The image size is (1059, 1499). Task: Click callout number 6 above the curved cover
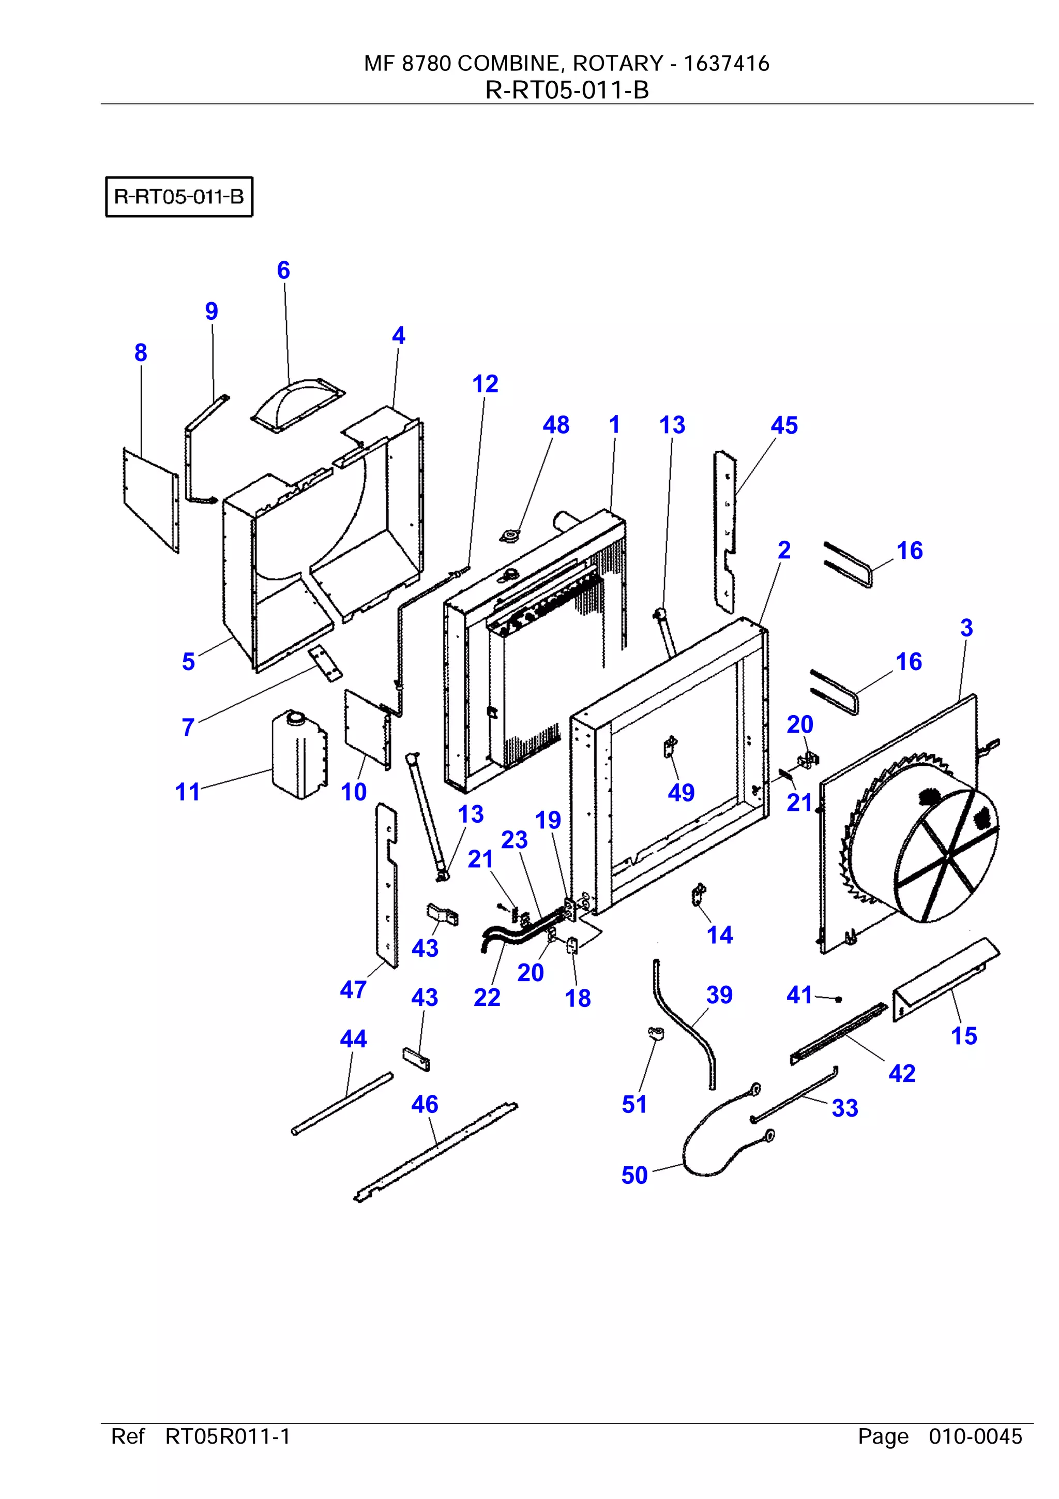(x=283, y=270)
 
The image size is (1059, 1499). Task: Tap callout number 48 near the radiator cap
(x=556, y=425)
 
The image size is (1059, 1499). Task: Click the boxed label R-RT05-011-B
(x=179, y=197)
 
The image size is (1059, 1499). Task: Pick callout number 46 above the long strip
(x=425, y=1104)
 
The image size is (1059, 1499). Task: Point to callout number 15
(x=964, y=1035)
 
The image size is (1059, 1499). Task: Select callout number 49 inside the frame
(x=680, y=793)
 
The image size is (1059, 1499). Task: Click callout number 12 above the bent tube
(x=485, y=384)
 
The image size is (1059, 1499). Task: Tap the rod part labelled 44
(x=342, y=1103)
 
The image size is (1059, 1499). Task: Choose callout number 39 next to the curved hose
(x=719, y=995)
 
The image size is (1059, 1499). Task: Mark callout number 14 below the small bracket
(x=720, y=935)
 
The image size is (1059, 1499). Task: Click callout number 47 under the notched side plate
(x=353, y=990)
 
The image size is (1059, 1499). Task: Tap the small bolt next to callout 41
(x=839, y=999)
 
